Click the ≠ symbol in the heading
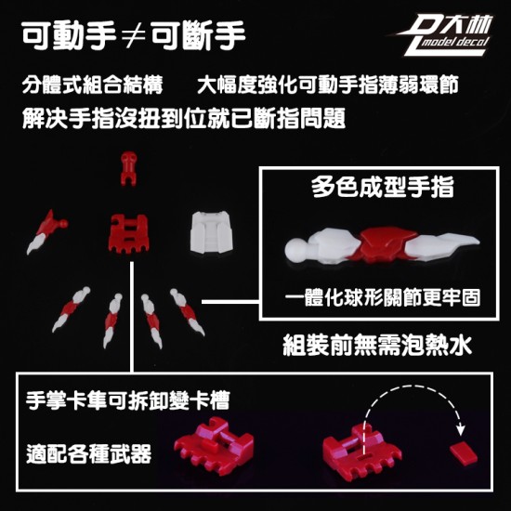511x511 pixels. coord(133,36)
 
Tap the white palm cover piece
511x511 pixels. coord(210,231)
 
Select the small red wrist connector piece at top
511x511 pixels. coord(129,168)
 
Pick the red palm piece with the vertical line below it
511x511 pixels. coord(128,235)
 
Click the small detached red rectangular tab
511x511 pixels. coord(463,453)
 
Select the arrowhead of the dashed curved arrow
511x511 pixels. coord(460,430)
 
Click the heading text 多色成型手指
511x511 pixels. coord(382,187)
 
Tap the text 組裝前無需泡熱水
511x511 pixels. coord(377,345)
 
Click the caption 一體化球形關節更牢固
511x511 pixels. coord(383,296)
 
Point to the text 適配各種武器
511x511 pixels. coord(89,454)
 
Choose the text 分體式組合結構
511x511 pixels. coord(92,85)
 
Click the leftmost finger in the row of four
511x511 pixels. coord(71,309)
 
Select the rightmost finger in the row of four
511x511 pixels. coord(187,312)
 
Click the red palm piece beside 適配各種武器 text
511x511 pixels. coord(214,445)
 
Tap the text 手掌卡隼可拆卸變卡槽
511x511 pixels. coord(128,400)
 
